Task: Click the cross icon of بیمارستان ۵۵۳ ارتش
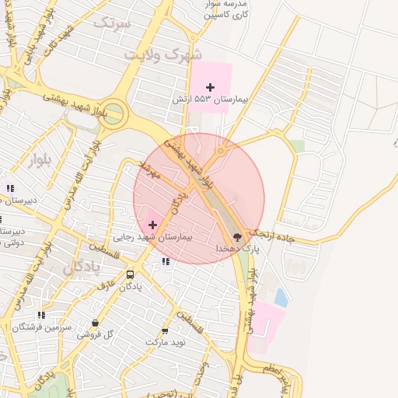click(x=210, y=87)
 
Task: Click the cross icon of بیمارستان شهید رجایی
click(x=152, y=225)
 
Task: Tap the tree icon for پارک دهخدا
click(x=237, y=236)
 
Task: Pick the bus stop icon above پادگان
click(x=130, y=274)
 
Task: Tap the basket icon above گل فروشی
click(x=95, y=323)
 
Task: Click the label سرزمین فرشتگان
click(x=43, y=327)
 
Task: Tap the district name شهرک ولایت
click(x=162, y=55)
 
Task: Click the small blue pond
click(x=281, y=296)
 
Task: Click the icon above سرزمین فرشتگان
click(x=41, y=315)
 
